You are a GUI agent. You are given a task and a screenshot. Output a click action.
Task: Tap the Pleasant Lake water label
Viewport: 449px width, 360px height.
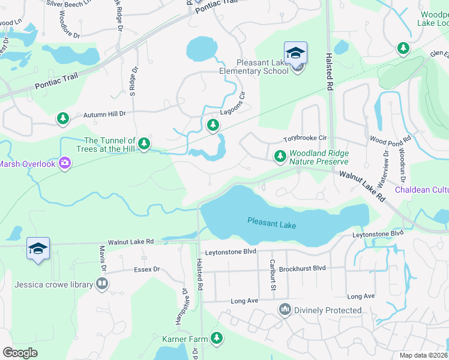point(272,223)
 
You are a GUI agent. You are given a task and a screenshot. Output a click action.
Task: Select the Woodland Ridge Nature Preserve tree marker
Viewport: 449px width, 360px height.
point(280,156)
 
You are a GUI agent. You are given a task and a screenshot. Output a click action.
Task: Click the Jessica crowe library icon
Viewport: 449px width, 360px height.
point(101,283)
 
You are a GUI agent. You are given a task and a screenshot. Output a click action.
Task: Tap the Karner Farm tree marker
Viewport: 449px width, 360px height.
point(217,339)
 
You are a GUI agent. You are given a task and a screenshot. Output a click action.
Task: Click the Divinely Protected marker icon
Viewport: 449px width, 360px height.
point(284,310)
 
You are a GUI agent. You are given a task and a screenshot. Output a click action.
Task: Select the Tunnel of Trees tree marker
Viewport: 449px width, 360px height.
point(143,143)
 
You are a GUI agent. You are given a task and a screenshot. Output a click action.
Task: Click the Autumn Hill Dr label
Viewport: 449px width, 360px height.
point(104,113)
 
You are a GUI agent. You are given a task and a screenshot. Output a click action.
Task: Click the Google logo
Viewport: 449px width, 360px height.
point(20,352)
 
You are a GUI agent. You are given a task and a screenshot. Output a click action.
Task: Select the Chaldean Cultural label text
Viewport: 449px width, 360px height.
point(421,190)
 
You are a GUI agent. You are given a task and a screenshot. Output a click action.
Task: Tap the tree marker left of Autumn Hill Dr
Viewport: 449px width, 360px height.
point(63,118)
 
